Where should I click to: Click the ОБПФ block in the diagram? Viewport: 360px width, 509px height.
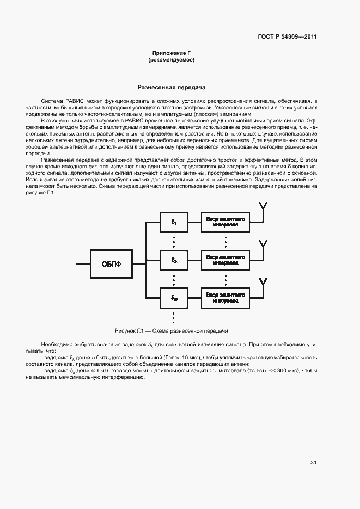(x=112, y=264)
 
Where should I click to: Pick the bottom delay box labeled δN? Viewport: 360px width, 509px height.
(x=174, y=298)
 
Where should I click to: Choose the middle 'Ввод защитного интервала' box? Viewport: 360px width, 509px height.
(x=225, y=259)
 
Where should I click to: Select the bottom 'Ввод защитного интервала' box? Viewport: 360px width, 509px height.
(x=225, y=297)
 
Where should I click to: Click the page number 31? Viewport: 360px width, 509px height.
(x=313, y=463)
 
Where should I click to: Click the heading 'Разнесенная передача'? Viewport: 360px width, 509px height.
(x=171, y=87)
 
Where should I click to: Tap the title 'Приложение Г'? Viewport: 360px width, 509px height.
(x=171, y=53)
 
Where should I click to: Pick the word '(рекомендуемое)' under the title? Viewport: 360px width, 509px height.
(x=171, y=59)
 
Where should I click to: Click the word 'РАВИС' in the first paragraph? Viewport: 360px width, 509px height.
(x=74, y=101)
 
